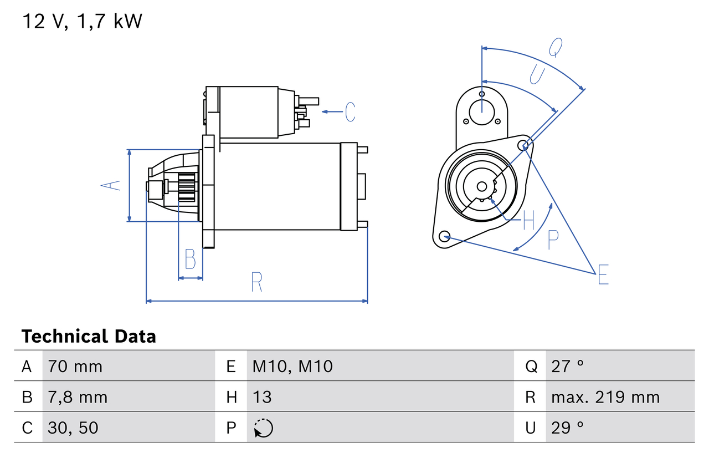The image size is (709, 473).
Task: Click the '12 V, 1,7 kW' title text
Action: pyautogui.click(x=82, y=22)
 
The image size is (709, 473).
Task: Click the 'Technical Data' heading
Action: pyautogui.click(x=89, y=336)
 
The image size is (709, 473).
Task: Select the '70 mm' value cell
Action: pyautogui.click(x=75, y=366)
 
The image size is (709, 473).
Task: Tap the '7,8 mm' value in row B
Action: pyautogui.click(x=78, y=397)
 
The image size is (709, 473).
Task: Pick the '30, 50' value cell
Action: pyautogui.click(x=73, y=428)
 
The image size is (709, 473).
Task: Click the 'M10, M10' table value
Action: pyautogui.click(x=292, y=366)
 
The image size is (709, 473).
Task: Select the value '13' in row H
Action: pyautogui.click(x=262, y=397)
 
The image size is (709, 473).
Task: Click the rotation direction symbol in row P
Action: pyautogui.click(x=263, y=428)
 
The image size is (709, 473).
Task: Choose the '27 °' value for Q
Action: pyautogui.click(x=568, y=366)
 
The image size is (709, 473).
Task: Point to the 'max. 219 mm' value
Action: pyautogui.click(x=605, y=397)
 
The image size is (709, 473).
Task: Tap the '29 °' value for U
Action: pyautogui.click(x=568, y=428)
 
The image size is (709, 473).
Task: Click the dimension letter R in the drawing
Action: pyautogui.click(x=256, y=282)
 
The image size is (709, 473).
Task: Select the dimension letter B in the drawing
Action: pyautogui.click(x=190, y=259)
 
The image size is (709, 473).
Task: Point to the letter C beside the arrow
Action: pyautogui.click(x=350, y=112)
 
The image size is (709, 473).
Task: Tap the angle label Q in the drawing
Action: pyautogui.click(x=556, y=48)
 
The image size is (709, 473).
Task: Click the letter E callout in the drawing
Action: pyautogui.click(x=603, y=274)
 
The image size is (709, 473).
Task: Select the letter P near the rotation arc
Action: pyautogui.click(x=552, y=240)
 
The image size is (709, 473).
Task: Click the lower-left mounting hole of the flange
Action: pyautogui.click(x=444, y=237)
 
